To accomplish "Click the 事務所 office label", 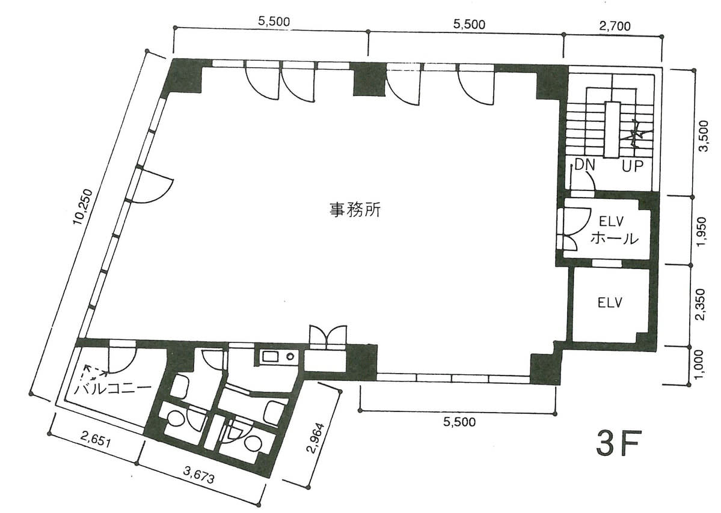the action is click(355, 210).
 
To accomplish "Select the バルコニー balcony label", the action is click(113, 389).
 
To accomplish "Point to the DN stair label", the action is click(584, 165).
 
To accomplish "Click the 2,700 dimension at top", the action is click(615, 26).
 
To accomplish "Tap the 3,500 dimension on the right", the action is click(704, 136).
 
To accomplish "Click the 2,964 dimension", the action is click(317, 439).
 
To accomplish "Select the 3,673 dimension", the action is click(198, 475).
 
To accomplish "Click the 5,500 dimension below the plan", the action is click(460, 421).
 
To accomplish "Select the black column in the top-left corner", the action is click(186, 76).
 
